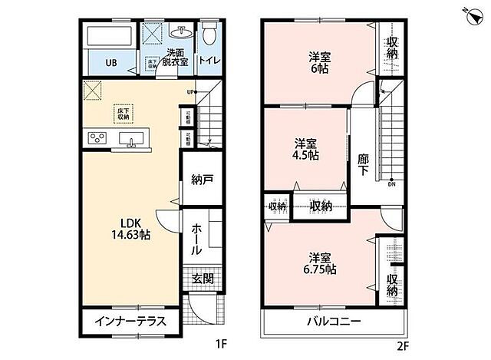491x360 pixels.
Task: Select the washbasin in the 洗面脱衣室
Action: point(183,33)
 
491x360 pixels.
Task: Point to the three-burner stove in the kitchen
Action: point(98,138)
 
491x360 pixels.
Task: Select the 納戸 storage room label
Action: point(202,180)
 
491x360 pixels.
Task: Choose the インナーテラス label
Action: point(130,321)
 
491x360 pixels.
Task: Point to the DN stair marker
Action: point(391,184)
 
